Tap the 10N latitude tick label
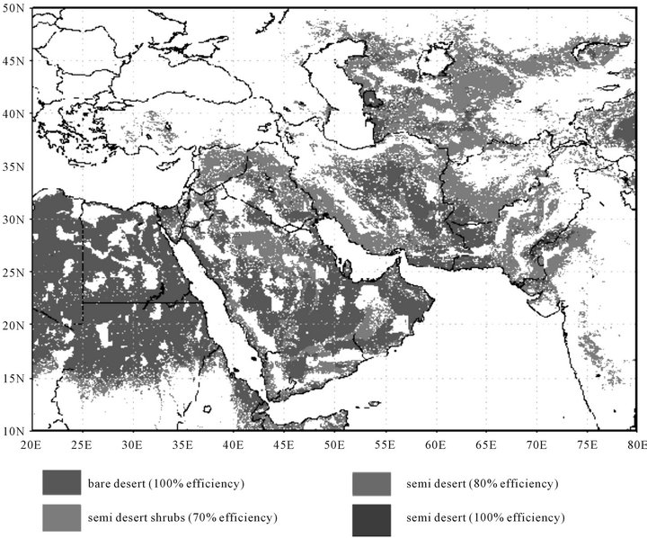pos(14,429)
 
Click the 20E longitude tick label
pos(31,443)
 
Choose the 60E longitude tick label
pos(436,443)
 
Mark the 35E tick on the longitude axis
pos(182,443)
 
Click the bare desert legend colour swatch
pos(62,484)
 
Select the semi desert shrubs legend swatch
pos(62,516)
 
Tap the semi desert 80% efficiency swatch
pos(372,484)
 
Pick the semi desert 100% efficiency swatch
pos(372,516)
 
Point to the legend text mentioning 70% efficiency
pos(182,517)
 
